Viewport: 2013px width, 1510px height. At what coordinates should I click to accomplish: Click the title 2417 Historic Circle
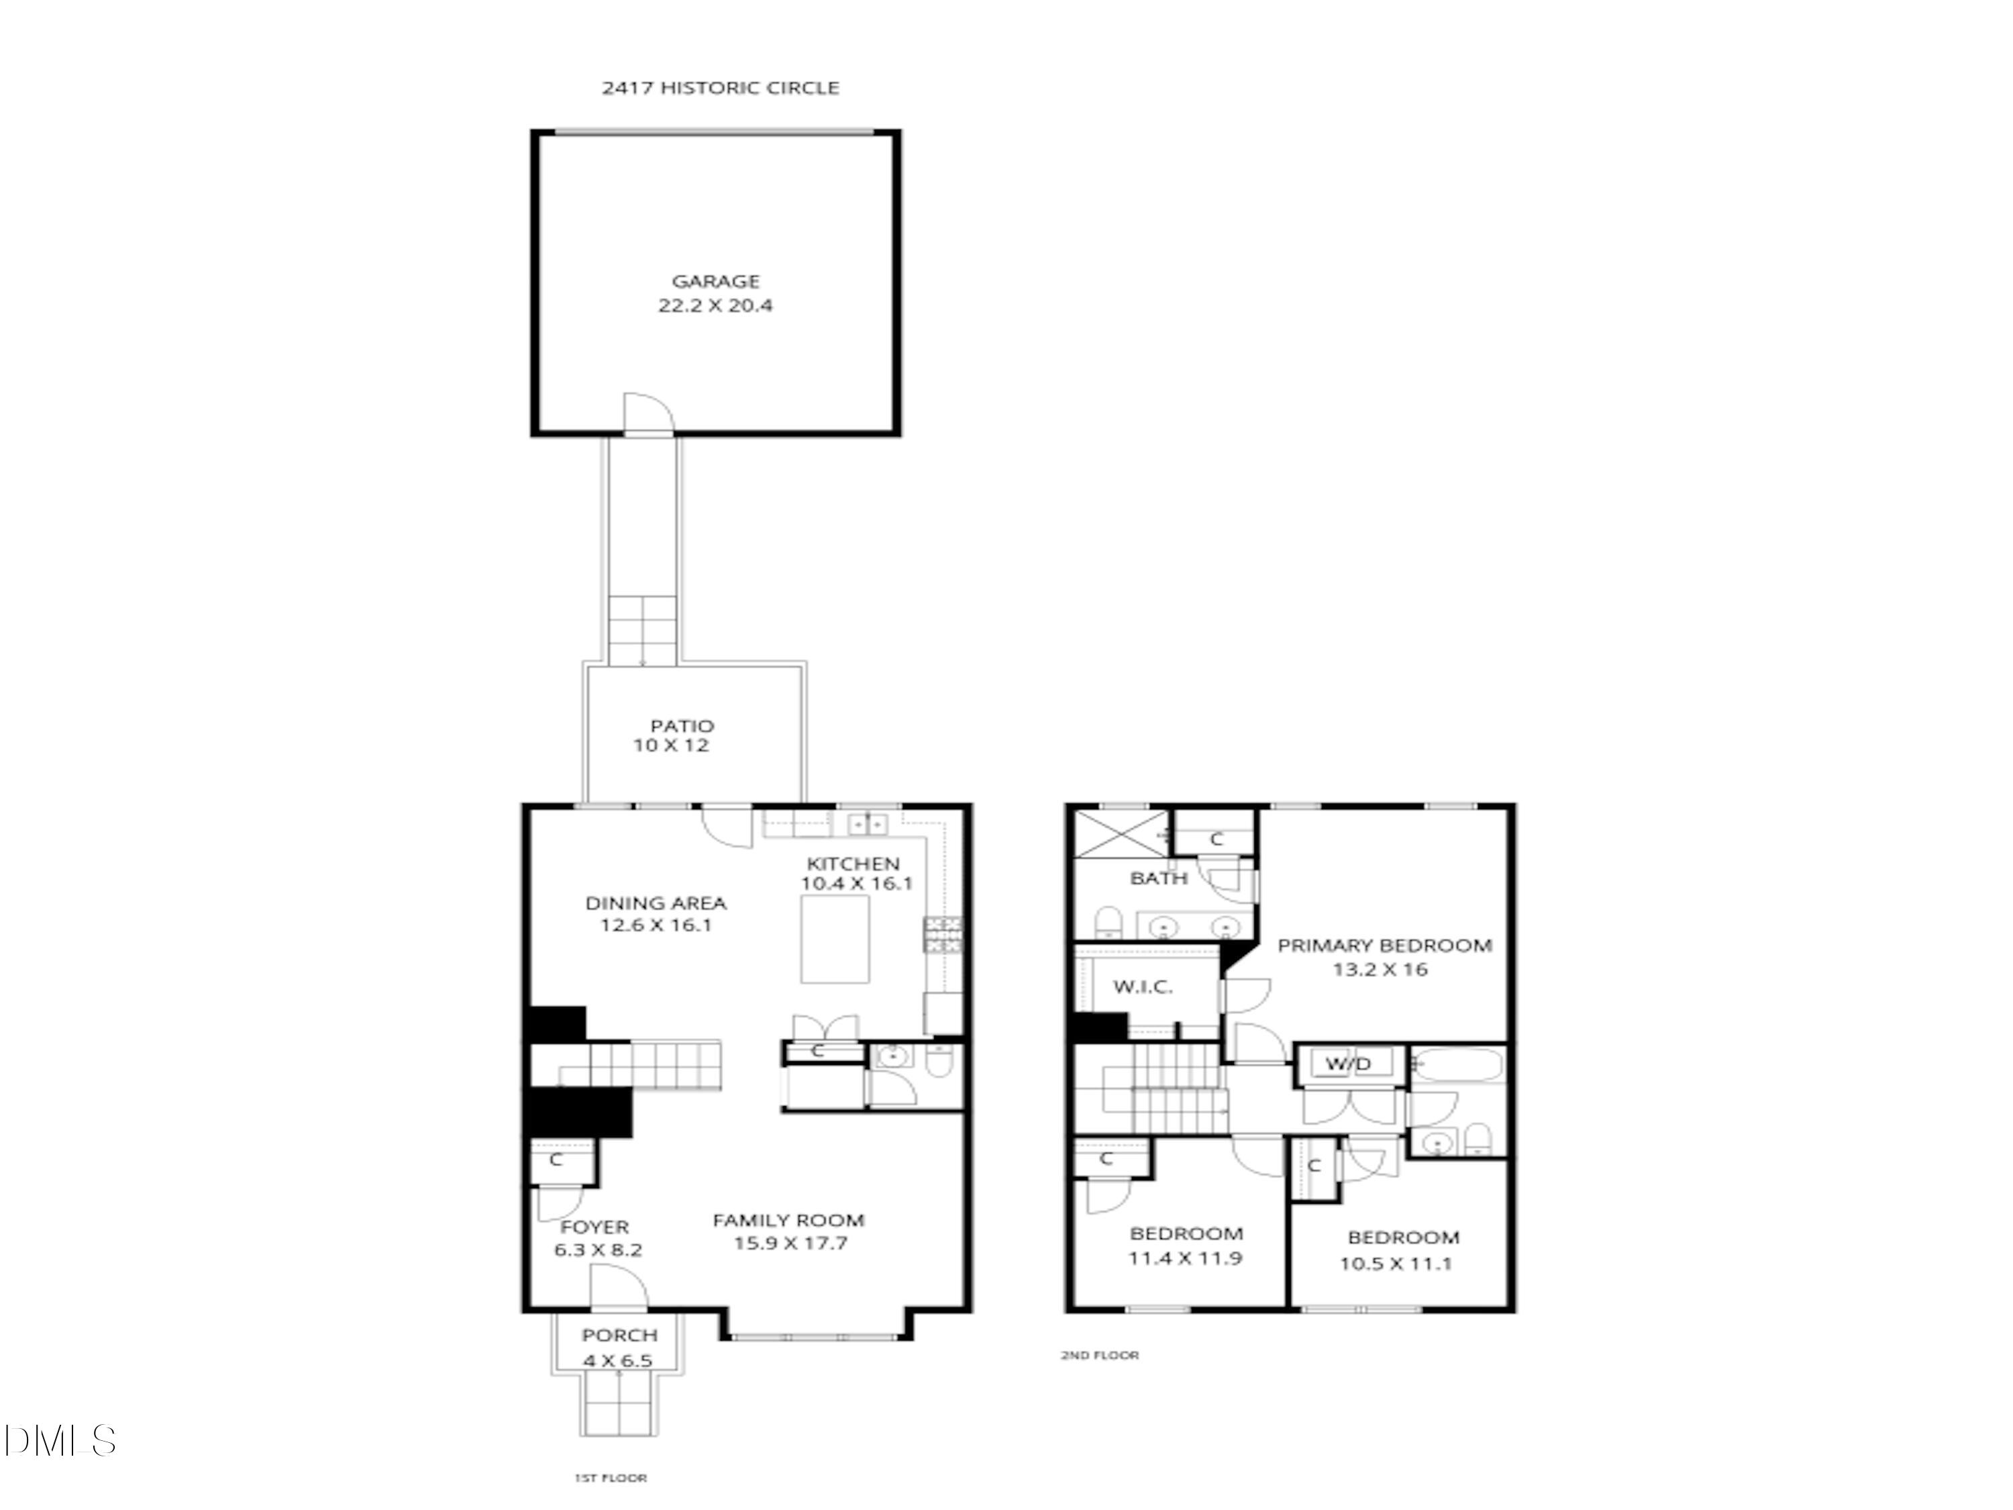click(x=720, y=89)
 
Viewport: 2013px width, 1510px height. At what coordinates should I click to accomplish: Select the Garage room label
click(x=715, y=281)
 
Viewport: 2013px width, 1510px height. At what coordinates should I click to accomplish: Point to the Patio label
click(x=682, y=725)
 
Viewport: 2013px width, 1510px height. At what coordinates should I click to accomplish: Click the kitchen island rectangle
click(x=835, y=940)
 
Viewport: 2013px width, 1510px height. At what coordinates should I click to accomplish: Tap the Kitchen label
click(x=853, y=864)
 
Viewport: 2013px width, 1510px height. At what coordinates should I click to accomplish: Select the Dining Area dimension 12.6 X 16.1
click(x=655, y=925)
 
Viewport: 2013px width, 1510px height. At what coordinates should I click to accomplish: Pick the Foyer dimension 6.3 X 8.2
click(x=598, y=1250)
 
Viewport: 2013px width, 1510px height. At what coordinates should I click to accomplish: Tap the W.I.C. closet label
click(x=1143, y=987)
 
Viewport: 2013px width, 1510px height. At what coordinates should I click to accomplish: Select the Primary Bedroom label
click(x=1384, y=946)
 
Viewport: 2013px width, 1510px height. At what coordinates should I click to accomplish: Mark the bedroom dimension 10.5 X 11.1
click(x=1396, y=1263)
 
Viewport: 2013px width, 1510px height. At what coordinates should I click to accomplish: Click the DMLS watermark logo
click(x=59, y=1441)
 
